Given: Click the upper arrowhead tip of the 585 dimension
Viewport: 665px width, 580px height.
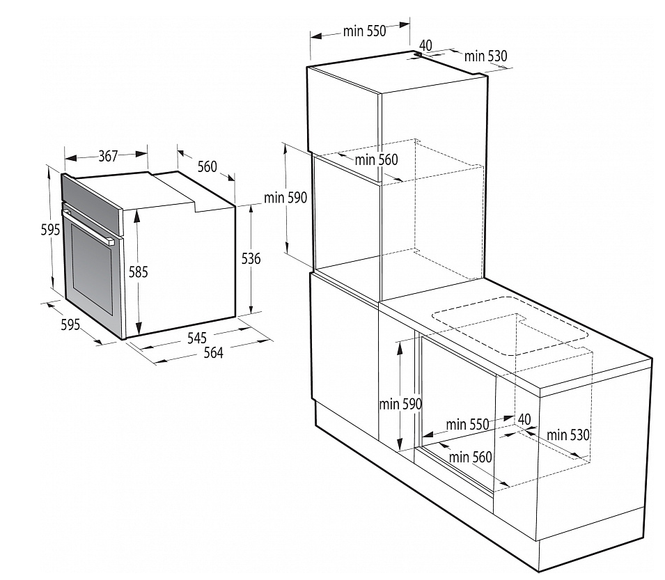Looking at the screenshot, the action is [137, 210].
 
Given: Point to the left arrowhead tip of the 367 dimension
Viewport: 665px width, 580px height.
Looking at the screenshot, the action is [65, 159].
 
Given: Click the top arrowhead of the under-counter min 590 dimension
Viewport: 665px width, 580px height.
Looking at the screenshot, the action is [400, 343].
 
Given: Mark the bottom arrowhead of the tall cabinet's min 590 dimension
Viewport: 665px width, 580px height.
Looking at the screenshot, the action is [287, 253].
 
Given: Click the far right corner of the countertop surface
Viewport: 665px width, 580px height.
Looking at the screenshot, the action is [652, 359].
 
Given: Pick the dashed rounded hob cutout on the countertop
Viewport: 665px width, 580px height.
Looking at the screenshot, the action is [510, 325].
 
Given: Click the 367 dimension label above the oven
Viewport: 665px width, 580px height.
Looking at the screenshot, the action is [108, 157].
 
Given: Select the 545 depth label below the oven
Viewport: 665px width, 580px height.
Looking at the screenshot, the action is [197, 338].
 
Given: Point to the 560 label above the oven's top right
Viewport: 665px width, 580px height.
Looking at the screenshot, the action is [208, 166].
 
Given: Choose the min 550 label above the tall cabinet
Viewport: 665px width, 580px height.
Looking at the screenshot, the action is [365, 31].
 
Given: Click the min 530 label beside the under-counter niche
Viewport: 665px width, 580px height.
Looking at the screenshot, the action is [568, 434].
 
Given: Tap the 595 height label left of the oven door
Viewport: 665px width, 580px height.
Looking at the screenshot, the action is [50, 230].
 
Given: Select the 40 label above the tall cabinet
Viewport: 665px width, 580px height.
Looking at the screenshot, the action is [425, 45].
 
